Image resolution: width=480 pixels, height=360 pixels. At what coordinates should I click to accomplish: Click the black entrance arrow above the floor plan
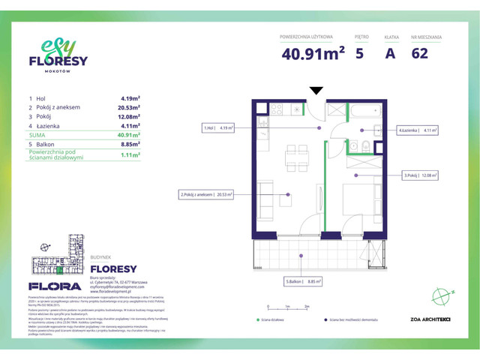[x=316, y=91]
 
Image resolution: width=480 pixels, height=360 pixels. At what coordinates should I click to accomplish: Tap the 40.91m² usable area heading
[x=313, y=53]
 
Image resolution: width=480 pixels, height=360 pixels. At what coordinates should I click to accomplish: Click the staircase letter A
[x=390, y=53]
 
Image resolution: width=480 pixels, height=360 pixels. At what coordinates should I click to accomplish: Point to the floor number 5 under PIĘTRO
[x=360, y=53]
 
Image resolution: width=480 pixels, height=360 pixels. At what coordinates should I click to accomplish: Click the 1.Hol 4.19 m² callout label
[x=219, y=128]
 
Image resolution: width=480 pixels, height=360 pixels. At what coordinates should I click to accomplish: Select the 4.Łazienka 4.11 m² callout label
[x=418, y=130]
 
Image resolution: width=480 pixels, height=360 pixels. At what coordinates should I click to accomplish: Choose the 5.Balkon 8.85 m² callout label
[x=303, y=282]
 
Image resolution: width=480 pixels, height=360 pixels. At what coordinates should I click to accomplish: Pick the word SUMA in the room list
[x=37, y=136]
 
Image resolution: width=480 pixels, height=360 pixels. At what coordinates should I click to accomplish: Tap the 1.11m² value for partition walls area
[x=130, y=155]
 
